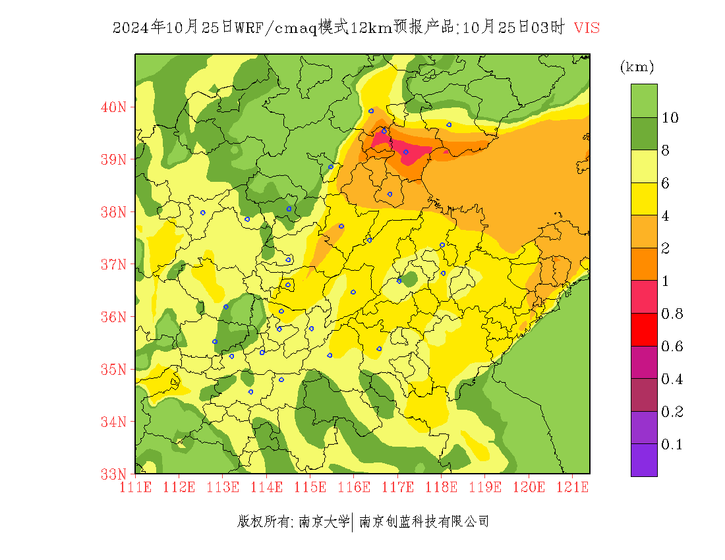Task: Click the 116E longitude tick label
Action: point(354,488)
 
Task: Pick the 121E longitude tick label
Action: point(572,488)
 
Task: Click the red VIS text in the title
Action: point(587,28)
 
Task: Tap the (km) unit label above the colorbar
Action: point(637,67)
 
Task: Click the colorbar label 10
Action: point(670,118)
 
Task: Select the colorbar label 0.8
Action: point(672,314)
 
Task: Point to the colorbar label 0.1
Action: point(672,445)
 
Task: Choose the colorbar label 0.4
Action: point(672,379)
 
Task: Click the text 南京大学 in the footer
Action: point(324,522)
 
